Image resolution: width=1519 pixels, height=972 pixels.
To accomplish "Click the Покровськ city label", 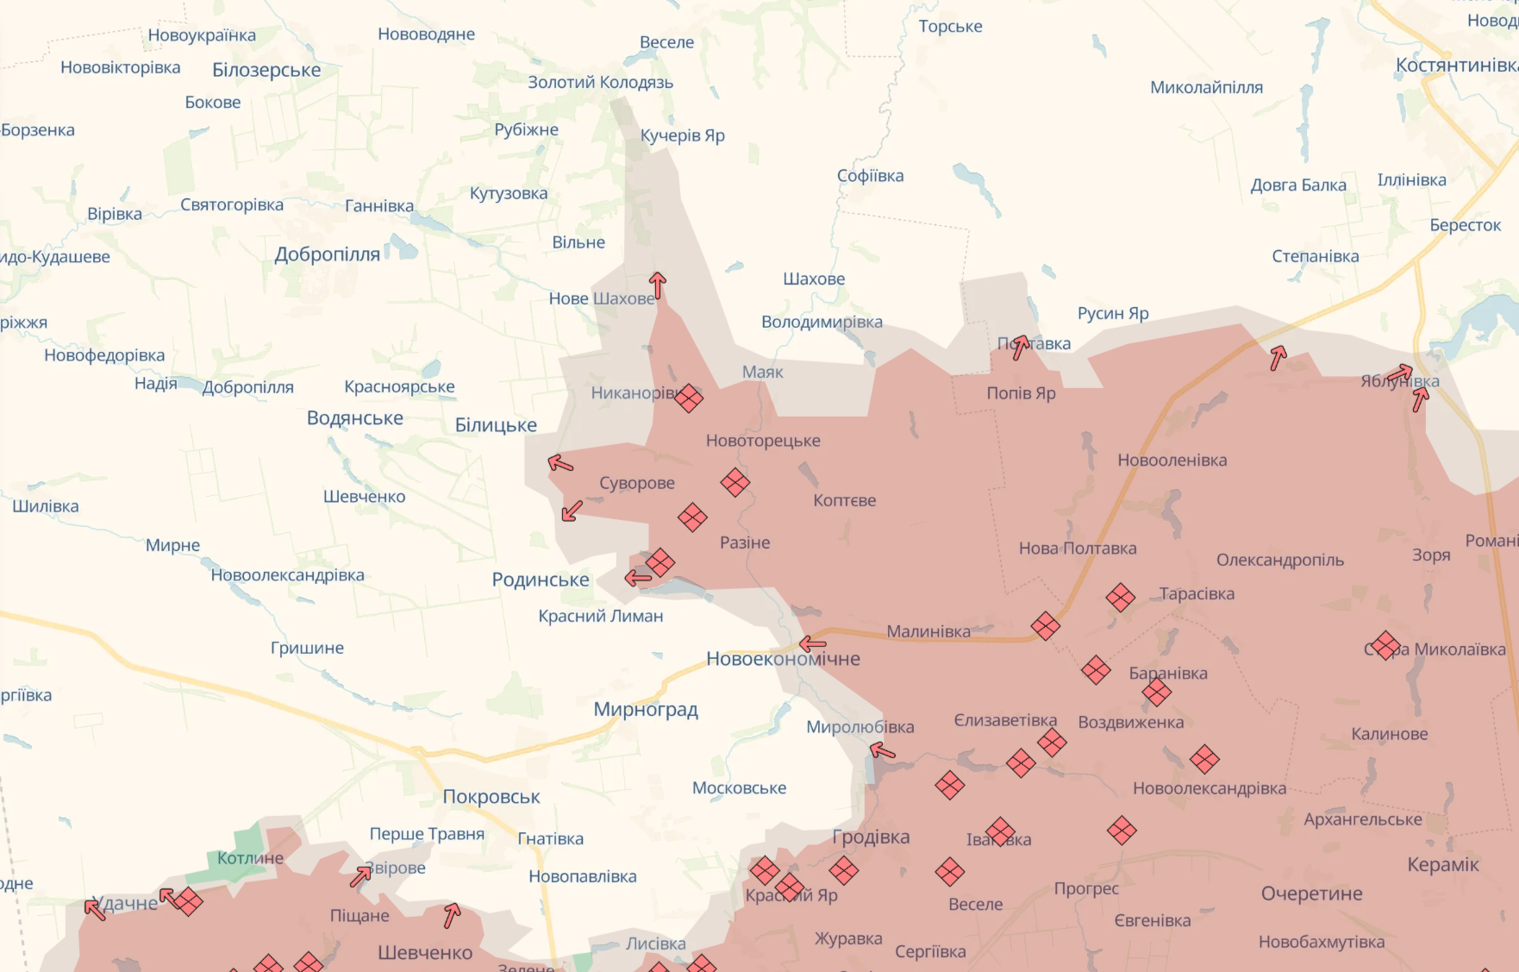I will (x=491, y=797).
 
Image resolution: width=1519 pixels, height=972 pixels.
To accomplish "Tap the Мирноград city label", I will (x=646, y=710).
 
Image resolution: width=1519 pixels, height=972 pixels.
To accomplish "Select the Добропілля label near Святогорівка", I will (x=327, y=254).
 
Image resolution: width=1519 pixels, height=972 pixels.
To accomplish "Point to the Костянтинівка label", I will (x=1457, y=66).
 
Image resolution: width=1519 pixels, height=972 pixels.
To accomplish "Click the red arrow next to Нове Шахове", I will (x=658, y=285).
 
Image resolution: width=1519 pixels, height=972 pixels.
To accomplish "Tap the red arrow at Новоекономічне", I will (x=812, y=643).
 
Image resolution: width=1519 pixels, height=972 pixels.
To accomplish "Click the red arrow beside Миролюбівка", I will (x=883, y=751).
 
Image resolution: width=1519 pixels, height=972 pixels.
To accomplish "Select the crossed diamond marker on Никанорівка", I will (x=688, y=398).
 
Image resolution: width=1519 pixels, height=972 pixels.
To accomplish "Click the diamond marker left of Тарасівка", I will (x=1121, y=597).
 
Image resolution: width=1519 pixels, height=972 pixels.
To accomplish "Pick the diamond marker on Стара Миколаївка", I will (x=1385, y=645).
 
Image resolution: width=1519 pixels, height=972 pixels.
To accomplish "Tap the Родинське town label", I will (x=541, y=580).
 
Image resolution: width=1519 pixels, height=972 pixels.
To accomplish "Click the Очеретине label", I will (x=1311, y=894).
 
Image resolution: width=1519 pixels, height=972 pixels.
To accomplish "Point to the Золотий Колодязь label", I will (x=600, y=83).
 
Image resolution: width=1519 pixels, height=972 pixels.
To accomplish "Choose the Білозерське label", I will (x=266, y=70).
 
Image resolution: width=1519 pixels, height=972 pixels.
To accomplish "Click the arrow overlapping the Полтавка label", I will (x=1020, y=347).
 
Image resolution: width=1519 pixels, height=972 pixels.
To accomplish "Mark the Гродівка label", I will (x=871, y=837).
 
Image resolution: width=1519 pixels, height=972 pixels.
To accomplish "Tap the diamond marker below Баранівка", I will (x=1157, y=691).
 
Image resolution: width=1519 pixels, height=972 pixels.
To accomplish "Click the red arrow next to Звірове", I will (x=360, y=876).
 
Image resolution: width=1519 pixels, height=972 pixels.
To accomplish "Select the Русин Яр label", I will (x=1113, y=313).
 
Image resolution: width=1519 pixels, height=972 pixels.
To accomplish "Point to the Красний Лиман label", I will (x=601, y=616).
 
